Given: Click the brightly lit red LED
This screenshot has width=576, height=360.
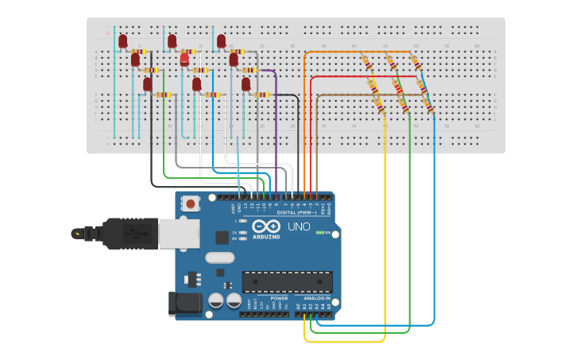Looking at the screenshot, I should click(184, 59).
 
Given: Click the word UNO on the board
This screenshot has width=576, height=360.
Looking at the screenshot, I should click(299, 227).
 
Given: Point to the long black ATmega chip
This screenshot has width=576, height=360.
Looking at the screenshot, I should click(287, 282).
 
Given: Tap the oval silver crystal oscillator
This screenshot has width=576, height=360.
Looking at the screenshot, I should click(220, 257).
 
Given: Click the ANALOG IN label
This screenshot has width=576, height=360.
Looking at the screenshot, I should click(316, 298).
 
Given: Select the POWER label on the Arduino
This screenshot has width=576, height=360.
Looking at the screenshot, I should click(279, 298).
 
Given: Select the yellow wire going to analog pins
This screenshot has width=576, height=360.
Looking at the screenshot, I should click(385, 238).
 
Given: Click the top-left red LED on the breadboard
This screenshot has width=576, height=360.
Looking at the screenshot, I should click(123, 41).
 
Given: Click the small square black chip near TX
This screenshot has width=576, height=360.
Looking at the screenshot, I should click(222, 237).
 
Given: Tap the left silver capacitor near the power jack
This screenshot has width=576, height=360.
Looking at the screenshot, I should click(215, 300).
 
